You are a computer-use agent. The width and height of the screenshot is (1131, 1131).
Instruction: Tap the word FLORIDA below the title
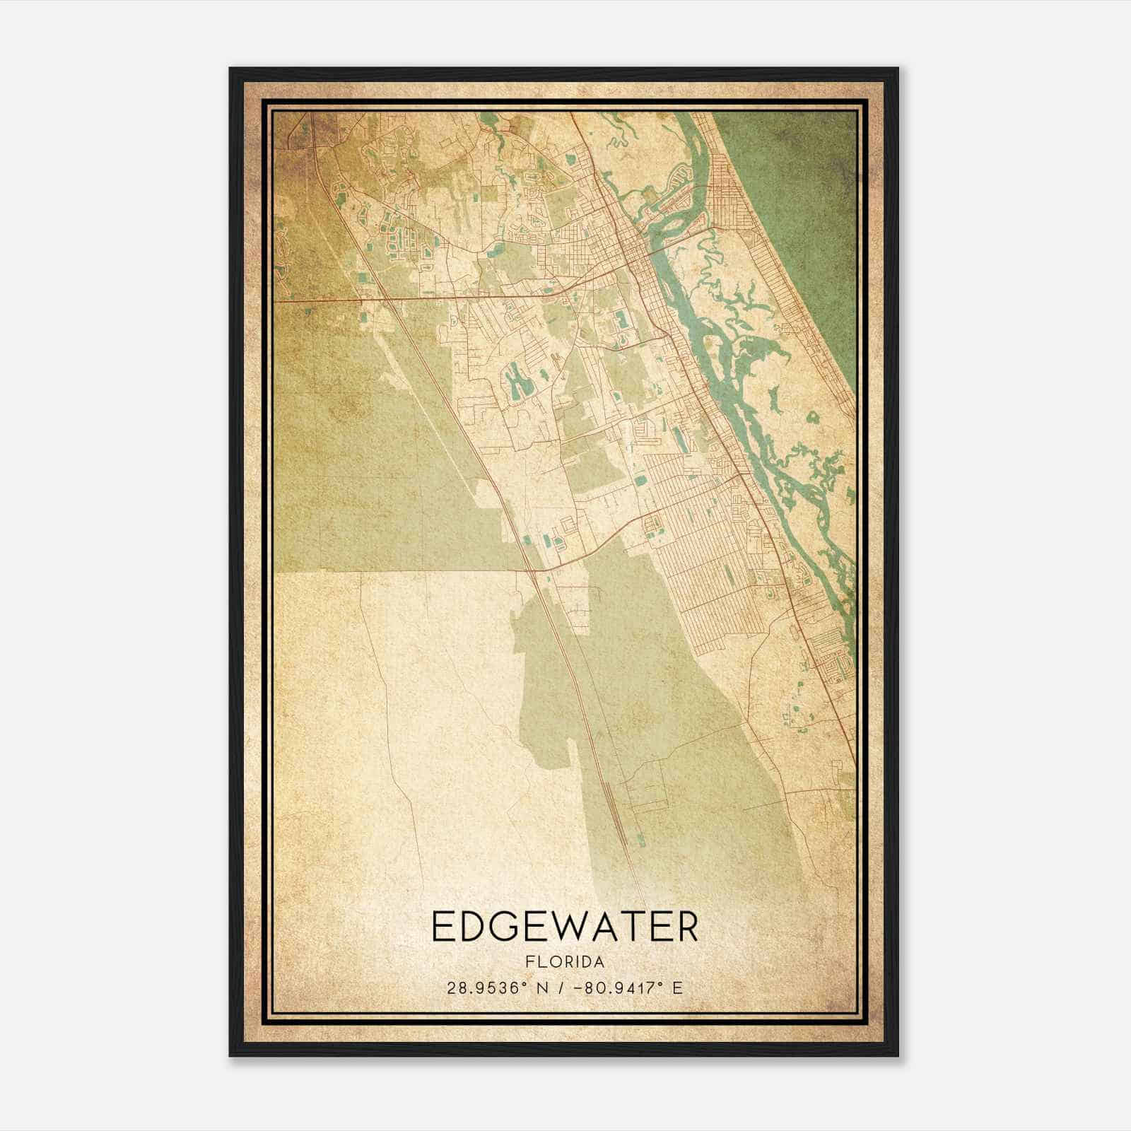tap(564, 962)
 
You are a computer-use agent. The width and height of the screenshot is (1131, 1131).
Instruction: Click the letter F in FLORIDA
tap(529, 962)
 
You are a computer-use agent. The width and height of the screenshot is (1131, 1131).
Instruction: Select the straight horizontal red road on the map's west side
tap(318, 300)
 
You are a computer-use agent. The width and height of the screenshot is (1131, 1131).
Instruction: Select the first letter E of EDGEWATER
tap(441, 927)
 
